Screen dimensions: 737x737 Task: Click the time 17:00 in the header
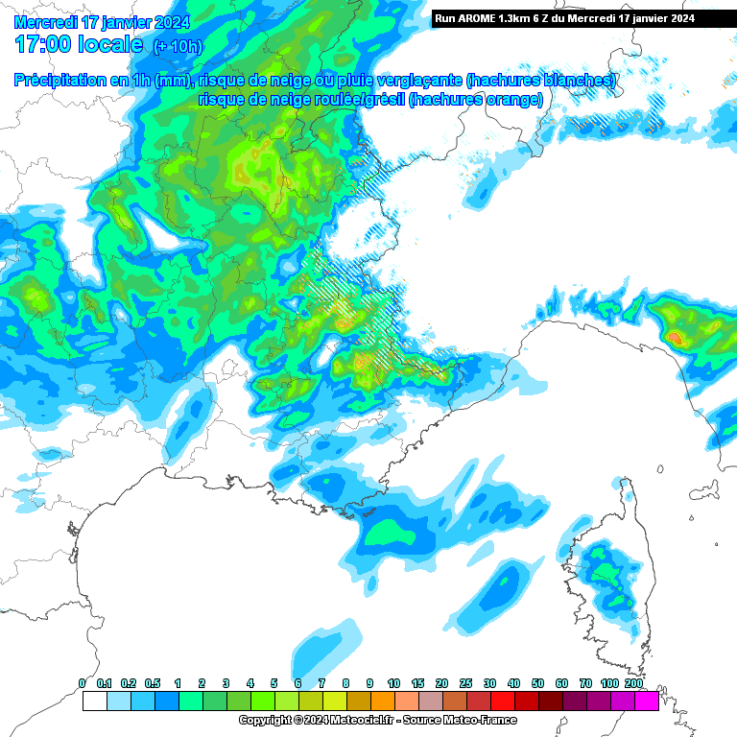click(x=45, y=44)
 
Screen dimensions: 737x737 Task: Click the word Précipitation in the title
click(x=59, y=81)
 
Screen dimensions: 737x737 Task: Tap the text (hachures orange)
click(x=476, y=99)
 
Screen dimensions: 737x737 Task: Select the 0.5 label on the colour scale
click(x=154, y=682)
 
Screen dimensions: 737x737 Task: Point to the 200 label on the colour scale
click(x=633, y=682)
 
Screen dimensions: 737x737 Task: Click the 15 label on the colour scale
click(x=417, y=682)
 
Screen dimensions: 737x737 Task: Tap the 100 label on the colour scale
click(x=609, y=682)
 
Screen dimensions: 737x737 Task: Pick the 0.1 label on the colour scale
click(x=106, y=682)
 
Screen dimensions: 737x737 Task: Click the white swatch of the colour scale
click(x=94, y=701)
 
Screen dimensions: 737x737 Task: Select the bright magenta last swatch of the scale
click(x=646, y=701)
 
